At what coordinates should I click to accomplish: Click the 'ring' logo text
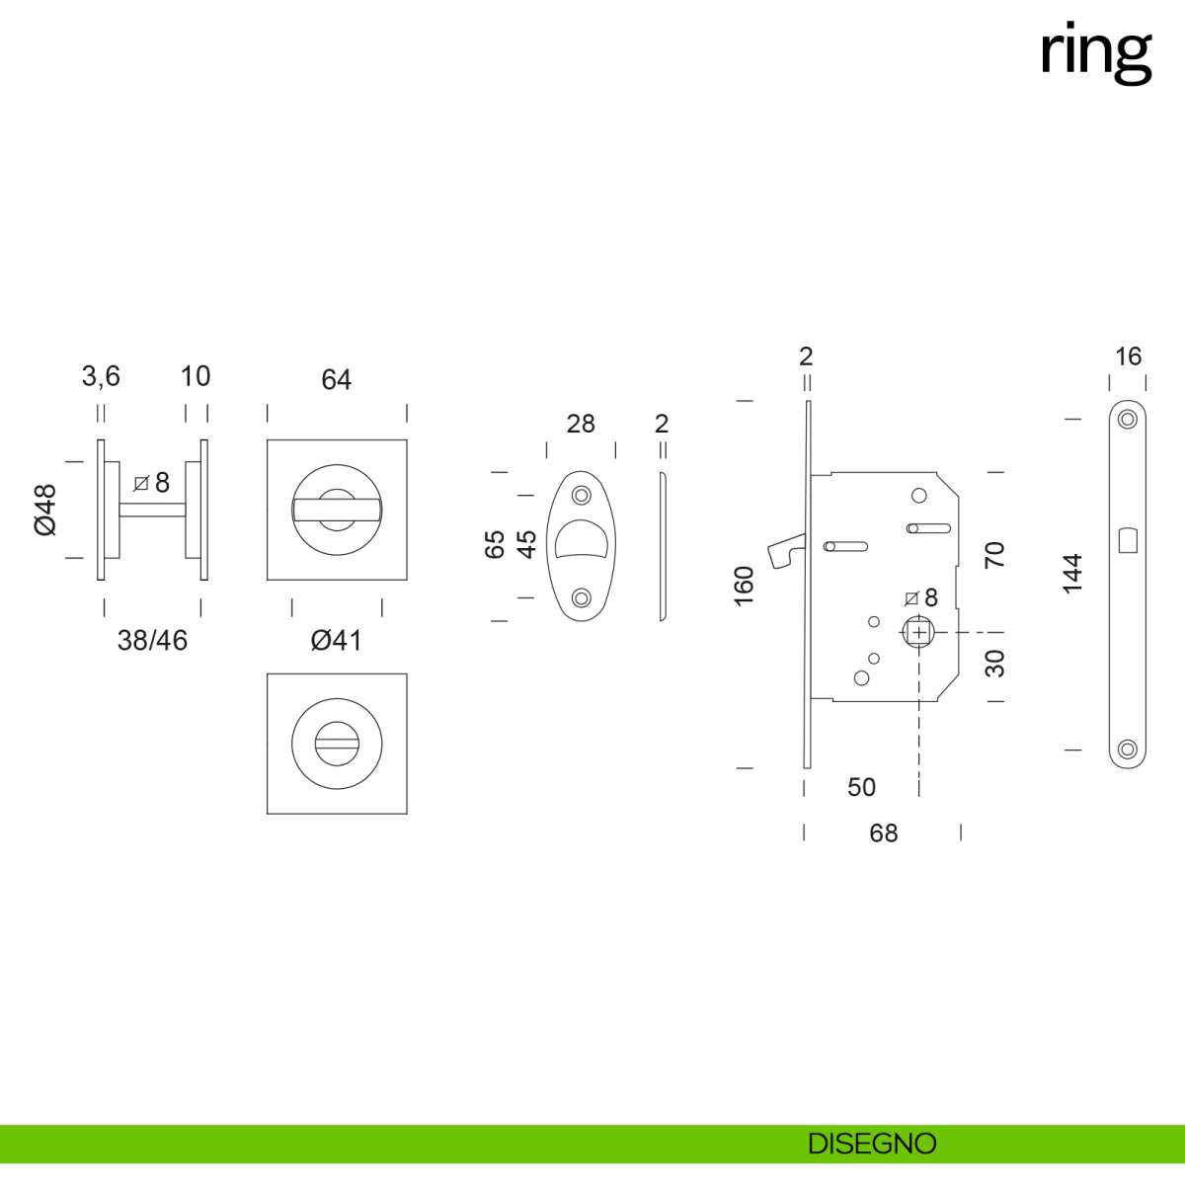1095,52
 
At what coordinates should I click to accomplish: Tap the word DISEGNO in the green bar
872,1144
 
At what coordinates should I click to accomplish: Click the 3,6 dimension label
101,376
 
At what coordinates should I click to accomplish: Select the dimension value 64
336,380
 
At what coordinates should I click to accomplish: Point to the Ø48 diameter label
46,510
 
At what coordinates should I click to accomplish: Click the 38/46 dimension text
152,641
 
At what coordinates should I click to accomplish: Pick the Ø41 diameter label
336,641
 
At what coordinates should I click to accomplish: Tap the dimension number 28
581,424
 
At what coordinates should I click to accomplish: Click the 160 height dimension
745,586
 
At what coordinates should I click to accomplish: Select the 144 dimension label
1072,574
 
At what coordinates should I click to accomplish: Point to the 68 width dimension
884,833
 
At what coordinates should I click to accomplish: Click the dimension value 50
861,787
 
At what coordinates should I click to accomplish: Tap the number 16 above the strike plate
1128,356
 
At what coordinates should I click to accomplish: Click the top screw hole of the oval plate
582,494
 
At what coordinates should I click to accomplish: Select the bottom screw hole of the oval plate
582,597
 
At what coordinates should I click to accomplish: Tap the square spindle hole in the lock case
918,632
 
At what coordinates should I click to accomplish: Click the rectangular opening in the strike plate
1128,541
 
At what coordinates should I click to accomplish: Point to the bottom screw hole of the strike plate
1128,750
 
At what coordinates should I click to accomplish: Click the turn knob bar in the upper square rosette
337,510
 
